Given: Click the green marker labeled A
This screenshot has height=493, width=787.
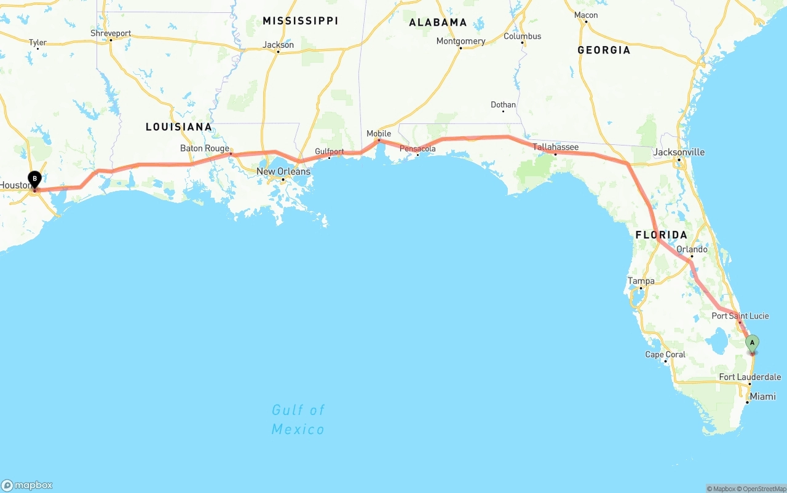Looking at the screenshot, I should [751, 343].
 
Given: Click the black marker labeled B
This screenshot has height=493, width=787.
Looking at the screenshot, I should [35, 179].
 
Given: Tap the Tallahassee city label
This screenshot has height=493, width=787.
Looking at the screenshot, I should [555, 147].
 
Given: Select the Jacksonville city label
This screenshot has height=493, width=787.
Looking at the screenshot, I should [679, 152].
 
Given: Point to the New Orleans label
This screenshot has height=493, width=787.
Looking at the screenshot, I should [283, 171].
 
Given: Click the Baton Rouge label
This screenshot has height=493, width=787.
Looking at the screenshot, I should [205, 148].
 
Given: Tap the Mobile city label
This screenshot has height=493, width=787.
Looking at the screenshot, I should [379, 133].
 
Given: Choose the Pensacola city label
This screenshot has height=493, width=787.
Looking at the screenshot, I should [417, 149].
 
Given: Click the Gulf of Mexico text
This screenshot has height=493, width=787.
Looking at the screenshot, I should [298, 419].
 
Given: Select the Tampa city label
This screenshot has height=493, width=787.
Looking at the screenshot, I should [641, 281].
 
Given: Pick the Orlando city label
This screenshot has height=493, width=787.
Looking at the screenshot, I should [692, 250].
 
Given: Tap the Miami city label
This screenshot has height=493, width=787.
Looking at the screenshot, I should [762, 397].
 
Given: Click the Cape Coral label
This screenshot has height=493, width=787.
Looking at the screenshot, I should [665, 354].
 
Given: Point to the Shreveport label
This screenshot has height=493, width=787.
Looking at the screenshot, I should [111, 33].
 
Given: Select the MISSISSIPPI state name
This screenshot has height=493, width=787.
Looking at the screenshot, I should [300, 21].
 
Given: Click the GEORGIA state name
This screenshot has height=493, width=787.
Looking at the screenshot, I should [604, 50].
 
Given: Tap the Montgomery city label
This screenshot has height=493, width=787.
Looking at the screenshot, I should [461, 41].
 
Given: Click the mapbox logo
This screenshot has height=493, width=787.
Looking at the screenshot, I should [27, 485].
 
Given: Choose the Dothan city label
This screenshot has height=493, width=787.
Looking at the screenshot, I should [503, 105].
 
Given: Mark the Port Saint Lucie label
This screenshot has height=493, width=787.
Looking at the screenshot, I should [740, 316].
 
